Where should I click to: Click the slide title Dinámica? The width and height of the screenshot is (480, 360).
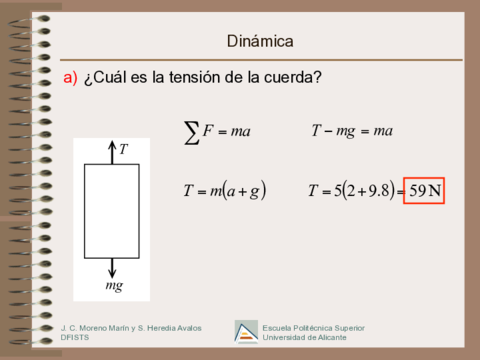[260, 42]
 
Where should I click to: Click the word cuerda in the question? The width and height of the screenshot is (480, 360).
[289, 78]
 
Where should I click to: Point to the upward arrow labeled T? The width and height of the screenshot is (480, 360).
[111, 152]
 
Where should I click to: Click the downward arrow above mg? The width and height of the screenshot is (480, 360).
[111, 267]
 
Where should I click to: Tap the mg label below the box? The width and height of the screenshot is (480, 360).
[113, 286]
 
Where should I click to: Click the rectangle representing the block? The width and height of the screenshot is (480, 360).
[111, 210]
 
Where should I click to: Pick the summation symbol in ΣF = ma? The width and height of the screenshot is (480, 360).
[192, 132]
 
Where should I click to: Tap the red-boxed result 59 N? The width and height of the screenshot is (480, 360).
[423, 190]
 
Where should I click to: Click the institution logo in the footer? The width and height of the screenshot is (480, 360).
[245, 332]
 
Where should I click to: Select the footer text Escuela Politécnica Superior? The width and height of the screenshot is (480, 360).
[314, 327]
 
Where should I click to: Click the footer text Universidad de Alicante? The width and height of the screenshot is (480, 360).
[304, 338]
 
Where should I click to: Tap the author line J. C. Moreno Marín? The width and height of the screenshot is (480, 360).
[100, 327]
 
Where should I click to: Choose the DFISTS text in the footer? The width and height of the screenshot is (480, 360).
[75, 338]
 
